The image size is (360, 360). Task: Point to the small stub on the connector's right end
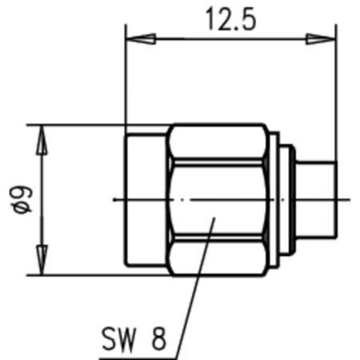click(318, 198)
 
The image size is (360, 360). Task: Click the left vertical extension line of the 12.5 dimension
click(126, 80)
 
